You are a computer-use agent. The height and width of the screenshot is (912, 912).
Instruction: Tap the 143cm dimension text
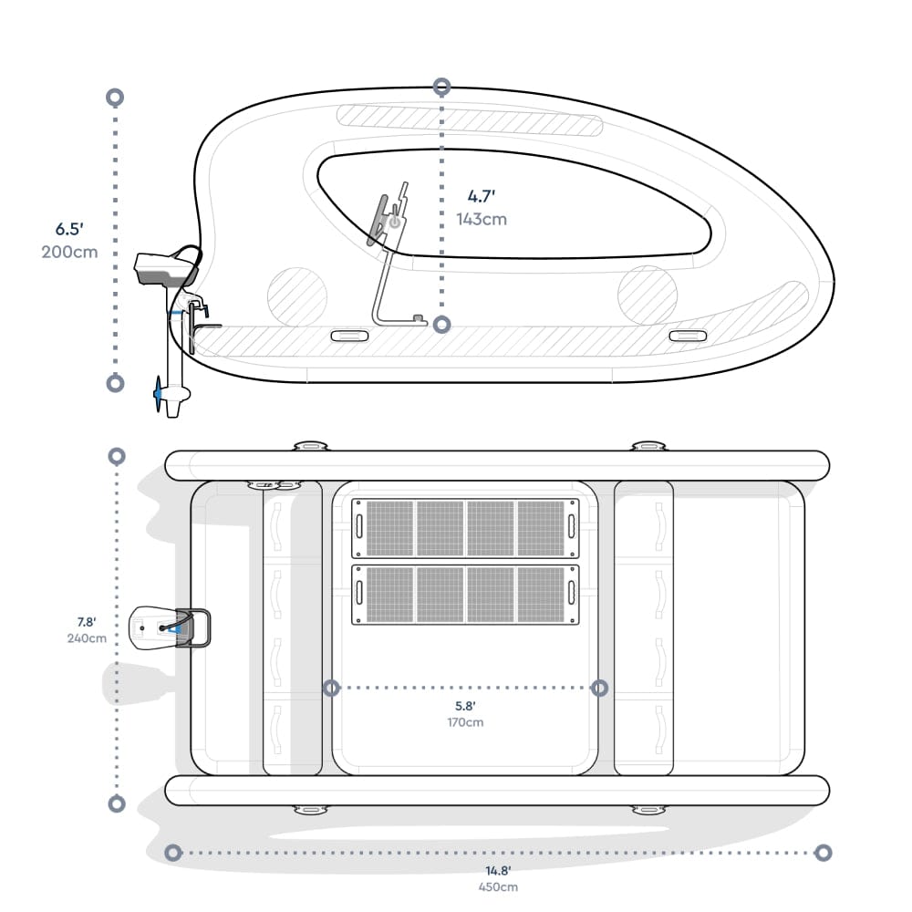click(x=482, y=219)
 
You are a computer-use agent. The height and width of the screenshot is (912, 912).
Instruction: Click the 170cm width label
click(x=465, y=722)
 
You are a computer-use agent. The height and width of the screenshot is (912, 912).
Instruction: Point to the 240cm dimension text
click(x=87, y=638)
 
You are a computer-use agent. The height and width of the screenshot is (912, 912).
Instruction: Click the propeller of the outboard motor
click(x=162, y=393)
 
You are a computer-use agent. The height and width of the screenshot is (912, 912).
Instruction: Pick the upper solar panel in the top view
click(x=465, y=527)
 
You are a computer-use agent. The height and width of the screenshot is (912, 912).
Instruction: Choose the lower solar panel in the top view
click(x=465, y=595)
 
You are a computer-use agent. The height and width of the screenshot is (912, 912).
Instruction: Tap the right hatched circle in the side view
click(x=648, y=295)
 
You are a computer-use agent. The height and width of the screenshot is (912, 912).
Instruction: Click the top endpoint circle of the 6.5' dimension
click(x=115, y=97)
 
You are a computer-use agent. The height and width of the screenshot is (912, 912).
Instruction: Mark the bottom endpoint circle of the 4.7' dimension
click(x=442, y=324)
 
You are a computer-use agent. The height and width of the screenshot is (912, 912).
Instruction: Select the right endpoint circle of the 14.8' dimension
click(x=823, y=853)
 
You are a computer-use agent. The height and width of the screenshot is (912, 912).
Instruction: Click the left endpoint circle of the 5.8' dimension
click(x=331, y=688)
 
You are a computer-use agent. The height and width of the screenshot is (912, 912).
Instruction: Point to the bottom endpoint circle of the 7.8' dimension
click(x=116, y=803)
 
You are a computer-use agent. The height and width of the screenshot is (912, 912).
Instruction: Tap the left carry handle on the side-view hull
click(x=349, y=336)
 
